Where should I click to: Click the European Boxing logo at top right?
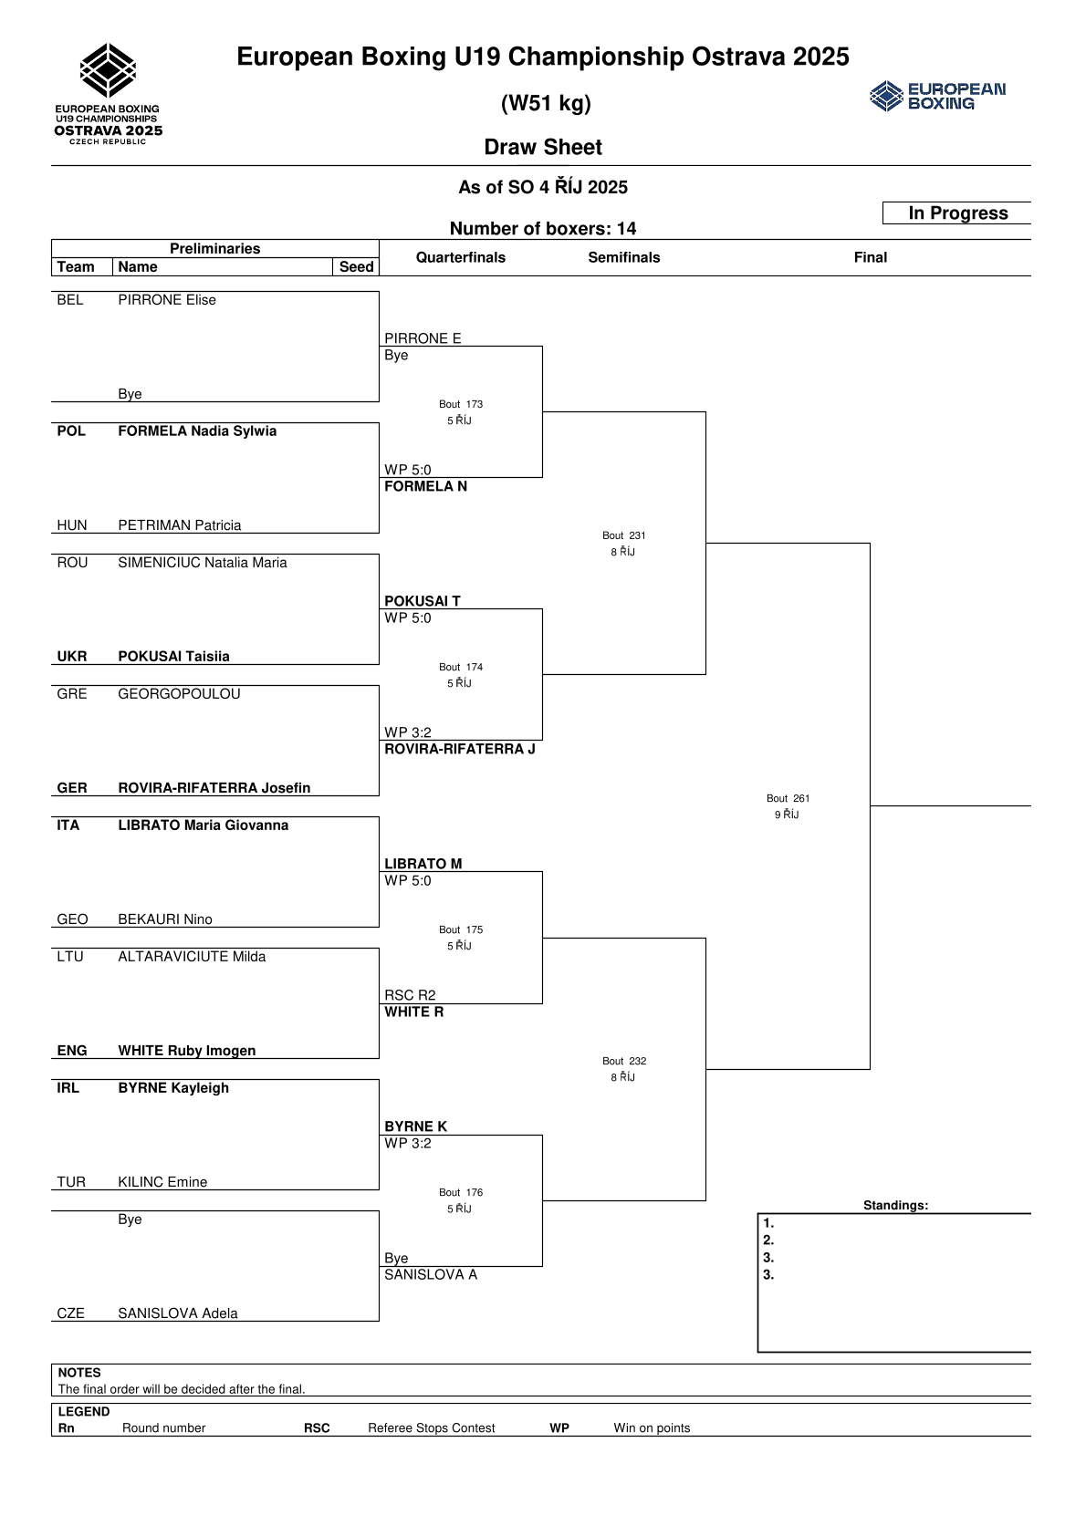(937, 96)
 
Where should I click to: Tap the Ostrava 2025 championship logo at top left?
(109, 94)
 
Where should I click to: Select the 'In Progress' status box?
(957, 213)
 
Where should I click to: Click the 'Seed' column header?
(356, 267)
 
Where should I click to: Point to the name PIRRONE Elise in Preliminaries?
(167, 300)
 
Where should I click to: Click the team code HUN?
(72, 525)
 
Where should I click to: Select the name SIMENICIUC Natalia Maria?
(203, 563)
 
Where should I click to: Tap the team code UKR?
(72, 657)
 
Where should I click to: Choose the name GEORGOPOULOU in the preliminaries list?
(179, 694)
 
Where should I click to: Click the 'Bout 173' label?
(461, 404)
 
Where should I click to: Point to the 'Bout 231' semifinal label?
(624, 535)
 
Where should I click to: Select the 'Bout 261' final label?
(788, 798)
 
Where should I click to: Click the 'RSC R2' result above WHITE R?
(410, 995)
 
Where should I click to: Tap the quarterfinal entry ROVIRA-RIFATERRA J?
(459, 749)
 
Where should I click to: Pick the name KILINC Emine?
(162, 1182)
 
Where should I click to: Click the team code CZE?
(70, 1313)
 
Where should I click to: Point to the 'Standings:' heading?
(895, 1206)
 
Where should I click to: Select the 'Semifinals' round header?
(623, 257)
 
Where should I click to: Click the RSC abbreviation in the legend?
(317, 1428)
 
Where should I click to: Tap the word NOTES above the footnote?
(79, 1373)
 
